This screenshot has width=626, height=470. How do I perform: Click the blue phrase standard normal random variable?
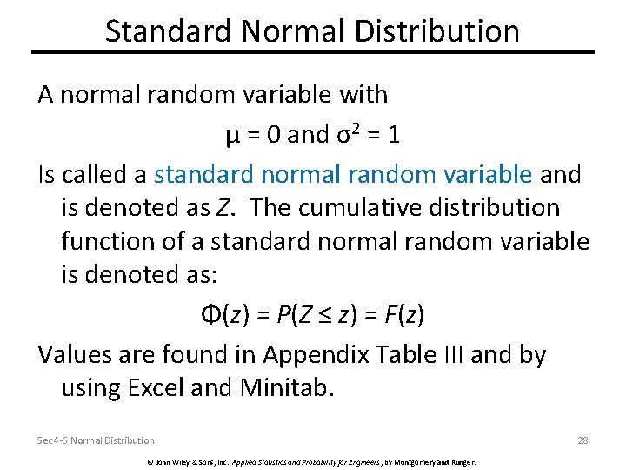[343, 174]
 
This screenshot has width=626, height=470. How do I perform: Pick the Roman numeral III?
[443, 354]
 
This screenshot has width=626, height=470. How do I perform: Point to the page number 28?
[583, 440]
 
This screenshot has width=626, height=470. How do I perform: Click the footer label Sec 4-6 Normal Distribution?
[96, 440]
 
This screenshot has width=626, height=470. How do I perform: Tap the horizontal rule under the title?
[313, 53]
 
